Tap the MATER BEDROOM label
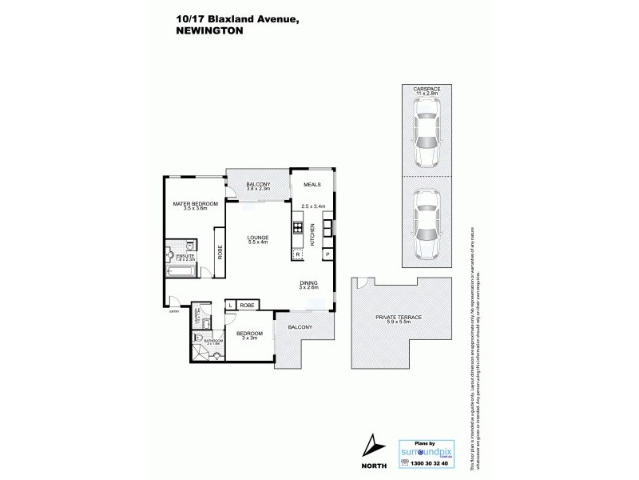click(195, 204)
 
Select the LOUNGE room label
click(257, 237)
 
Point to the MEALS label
click(312, 185)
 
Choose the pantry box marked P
click(327, 254)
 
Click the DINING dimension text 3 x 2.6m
click(309, 289)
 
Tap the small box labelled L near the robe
click(230, 306)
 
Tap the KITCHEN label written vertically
click(313, 234)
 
